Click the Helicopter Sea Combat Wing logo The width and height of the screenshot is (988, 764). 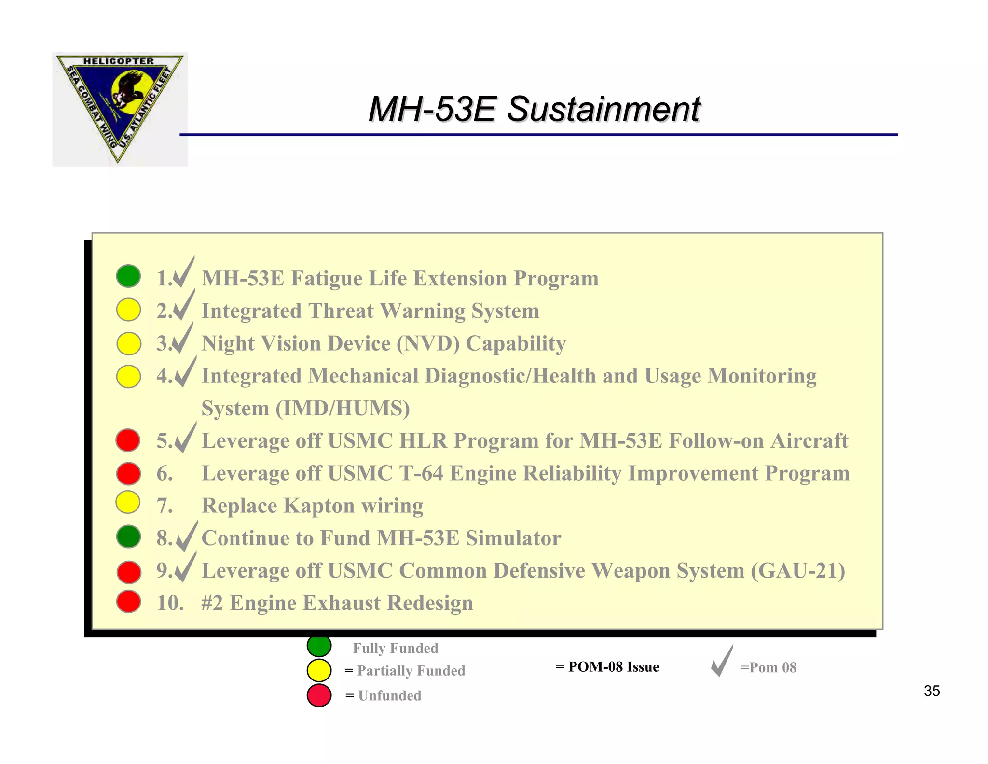tap(120, 109)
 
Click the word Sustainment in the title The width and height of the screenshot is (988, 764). tap(603, 109)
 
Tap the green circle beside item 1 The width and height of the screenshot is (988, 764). tap(128, 276)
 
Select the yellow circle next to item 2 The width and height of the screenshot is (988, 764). tap(128, 310)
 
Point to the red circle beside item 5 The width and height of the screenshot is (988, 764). tap(128, 440)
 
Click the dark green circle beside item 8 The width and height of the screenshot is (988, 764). tap(128, 537)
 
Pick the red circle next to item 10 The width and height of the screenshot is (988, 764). tap(128, 602)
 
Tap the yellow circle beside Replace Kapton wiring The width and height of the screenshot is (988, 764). tap(128, 503)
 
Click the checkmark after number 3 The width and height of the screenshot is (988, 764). tap(183, 339)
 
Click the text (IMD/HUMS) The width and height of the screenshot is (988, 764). tap(343, 409)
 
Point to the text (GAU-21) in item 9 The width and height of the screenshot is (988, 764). tap(798, 571)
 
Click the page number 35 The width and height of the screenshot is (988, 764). tap(932, 691)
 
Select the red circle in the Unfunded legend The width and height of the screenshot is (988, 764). tap(319, 695)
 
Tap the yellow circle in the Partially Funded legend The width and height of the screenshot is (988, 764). tap(319, 670)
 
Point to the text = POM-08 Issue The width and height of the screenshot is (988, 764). tap(607, 667)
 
